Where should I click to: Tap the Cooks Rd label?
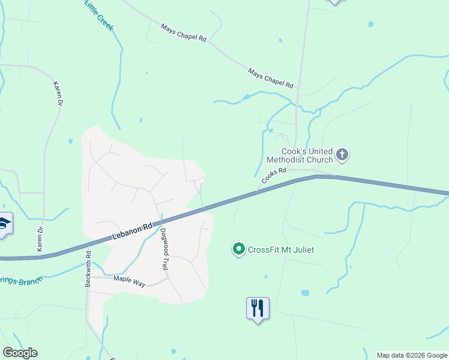[274, 176]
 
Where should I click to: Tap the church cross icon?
[342, 155]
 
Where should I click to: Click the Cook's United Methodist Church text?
[307, 156]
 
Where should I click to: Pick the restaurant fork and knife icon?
[258, 308]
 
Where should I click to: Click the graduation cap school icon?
[4, 224]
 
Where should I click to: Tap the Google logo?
[20, 353]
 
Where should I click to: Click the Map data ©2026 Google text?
[412, 355]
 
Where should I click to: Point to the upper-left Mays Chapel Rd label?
[184, 32]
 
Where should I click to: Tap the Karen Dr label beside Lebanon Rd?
[41, 239]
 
